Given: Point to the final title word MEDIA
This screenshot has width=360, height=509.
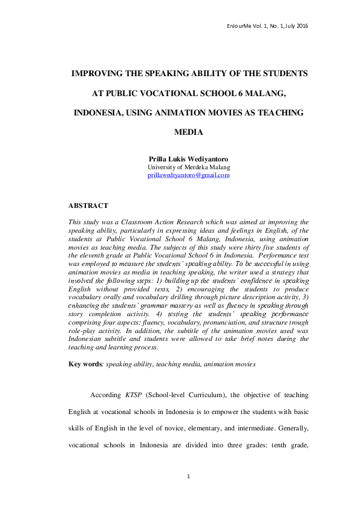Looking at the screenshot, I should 189,132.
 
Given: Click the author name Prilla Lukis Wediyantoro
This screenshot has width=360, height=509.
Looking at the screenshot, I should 189,158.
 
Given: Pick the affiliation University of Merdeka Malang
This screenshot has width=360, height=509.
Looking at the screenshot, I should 189,167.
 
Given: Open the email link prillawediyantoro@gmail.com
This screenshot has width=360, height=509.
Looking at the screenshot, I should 189,175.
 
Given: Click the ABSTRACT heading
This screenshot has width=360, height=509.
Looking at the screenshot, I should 88,206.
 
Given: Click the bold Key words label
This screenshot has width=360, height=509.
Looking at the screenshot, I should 84,365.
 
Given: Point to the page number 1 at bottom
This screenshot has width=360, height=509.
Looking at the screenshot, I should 189,476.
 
